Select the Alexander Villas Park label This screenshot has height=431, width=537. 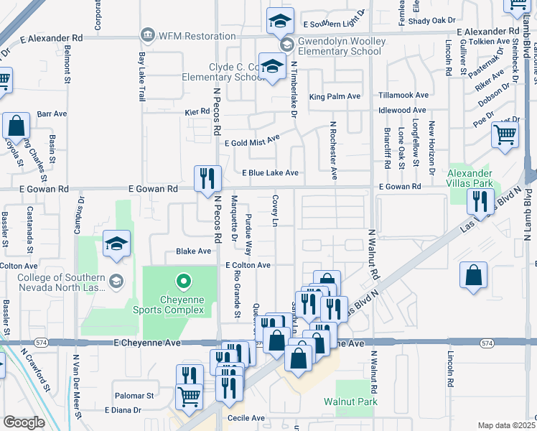click(470, 178)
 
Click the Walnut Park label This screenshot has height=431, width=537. click(350, 402)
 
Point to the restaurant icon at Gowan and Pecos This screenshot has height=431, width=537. click(208, 178)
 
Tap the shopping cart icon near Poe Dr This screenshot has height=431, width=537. click(505, 134)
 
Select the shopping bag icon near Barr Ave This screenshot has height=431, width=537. click(16, 127)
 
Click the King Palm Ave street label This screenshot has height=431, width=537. click(335, 96)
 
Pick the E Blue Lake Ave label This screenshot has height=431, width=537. click(270, 173)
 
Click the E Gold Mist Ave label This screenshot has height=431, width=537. click(251, 142)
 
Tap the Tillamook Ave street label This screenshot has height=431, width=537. click(403, 95)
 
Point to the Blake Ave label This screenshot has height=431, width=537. click(194, 251)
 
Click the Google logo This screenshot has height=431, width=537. click(24, 422)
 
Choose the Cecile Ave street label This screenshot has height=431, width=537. click(246, 418)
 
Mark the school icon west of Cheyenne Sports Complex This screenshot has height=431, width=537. click(116, 244)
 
